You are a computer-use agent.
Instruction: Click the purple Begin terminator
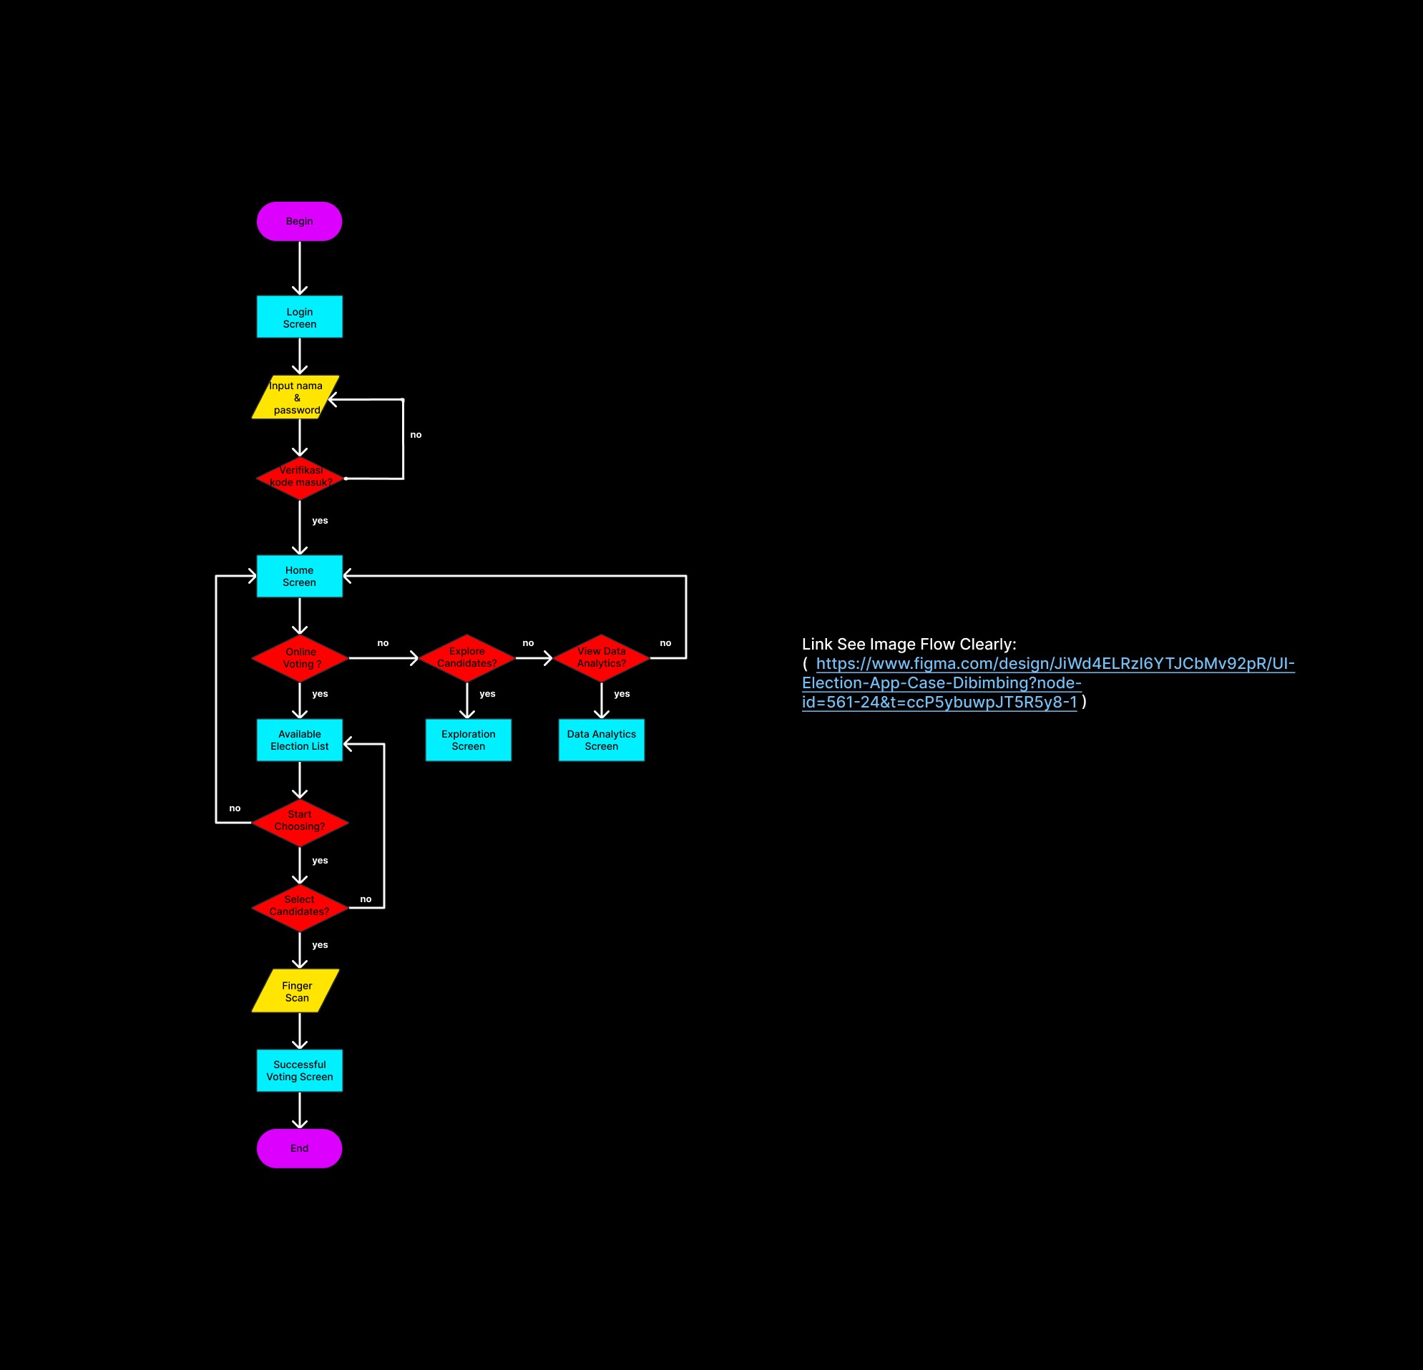pos(299,222)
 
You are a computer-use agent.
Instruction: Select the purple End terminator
pos(299,1148)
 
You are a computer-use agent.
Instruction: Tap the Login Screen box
pos(299,317)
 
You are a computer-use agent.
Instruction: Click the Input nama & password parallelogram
pos(295,397)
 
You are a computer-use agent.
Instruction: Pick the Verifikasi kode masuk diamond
pos(300,478)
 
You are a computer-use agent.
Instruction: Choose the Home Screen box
pos(299,576)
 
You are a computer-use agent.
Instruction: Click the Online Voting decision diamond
pos(300,657)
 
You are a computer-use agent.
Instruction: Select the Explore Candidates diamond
pos(467,657)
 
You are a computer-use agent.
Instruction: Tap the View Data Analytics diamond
pos(601,657)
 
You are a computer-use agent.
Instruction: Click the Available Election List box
pos(299,740)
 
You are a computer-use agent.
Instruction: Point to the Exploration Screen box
pos(469,740)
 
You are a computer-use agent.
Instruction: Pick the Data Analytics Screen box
pos(601,740)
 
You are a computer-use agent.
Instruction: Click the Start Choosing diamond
pos(300,822)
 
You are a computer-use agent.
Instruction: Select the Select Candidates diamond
pos(300,907)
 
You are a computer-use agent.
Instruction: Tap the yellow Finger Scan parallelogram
pos(296,991)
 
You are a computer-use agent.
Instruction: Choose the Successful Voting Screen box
pos(299,1070)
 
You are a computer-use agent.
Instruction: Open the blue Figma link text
pos(1047,682)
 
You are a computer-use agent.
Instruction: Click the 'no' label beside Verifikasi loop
pos(415,435)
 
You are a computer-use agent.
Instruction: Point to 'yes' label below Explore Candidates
pos(487,693)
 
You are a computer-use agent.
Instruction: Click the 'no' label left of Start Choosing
pos(235,808)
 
